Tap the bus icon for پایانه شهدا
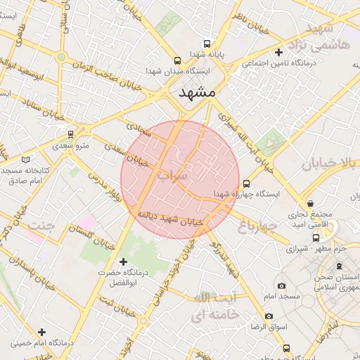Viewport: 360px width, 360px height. (x=206, y=44)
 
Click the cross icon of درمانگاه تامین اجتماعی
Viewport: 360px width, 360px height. (x=279, y=52)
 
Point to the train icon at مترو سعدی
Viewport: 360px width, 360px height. (x=70, y=133)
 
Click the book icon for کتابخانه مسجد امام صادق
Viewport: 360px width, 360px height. (x=26, y=160)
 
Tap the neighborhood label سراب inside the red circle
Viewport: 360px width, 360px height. (x=173, y=173)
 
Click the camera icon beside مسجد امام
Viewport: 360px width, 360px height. (x=282, y=286)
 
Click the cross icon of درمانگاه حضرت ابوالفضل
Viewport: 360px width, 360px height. (x=124, y=262)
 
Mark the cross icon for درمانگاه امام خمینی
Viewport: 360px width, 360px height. (x=42, y=332)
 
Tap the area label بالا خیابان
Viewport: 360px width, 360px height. (x=330, y=164)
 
